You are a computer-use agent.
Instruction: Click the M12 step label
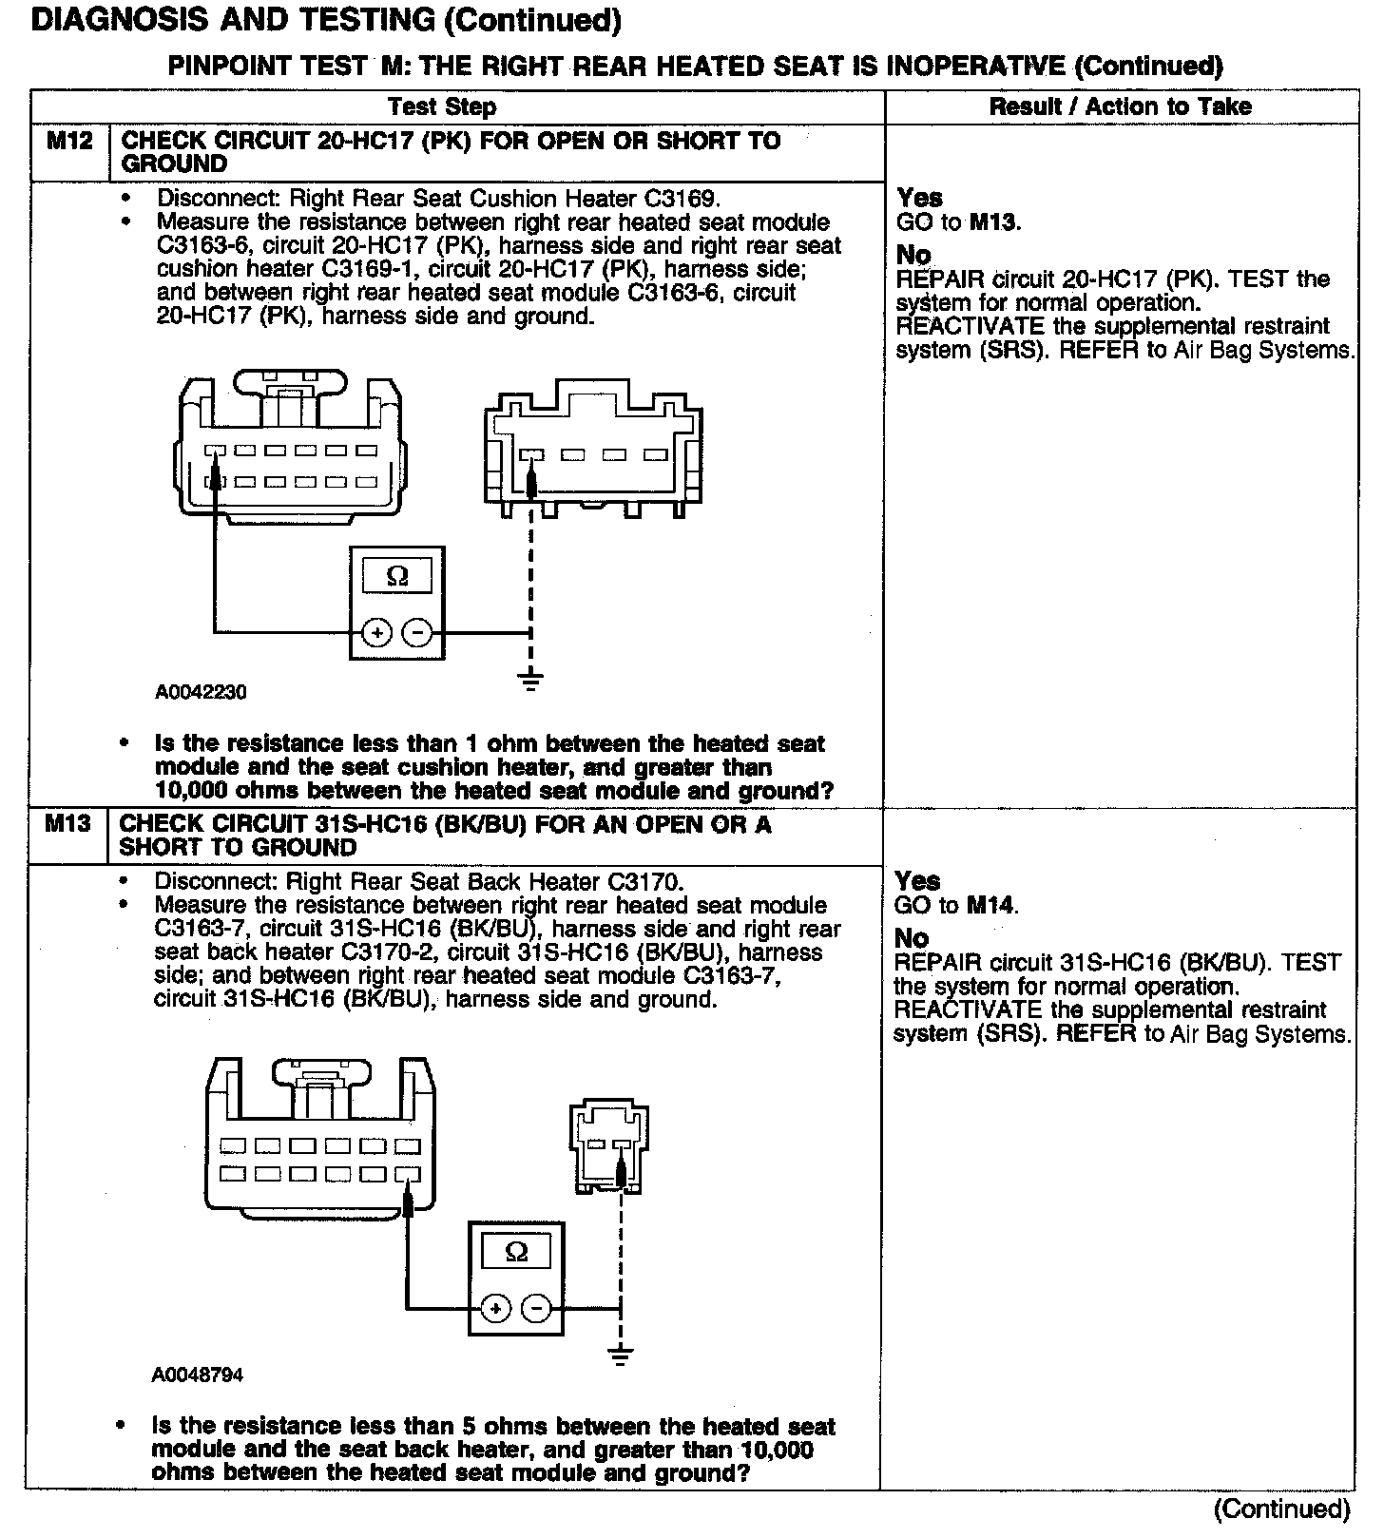(x=70, y=142)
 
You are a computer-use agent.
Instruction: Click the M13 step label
(x=68, y=824)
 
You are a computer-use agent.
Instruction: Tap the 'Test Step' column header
(x=442, y=106)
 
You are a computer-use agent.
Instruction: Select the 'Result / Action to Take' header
(x=1120, y=106)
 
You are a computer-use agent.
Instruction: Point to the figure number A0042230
(x=201, y=692)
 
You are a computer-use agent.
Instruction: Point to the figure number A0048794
(x=197, y=1375)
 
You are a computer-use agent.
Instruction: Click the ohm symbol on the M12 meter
(x=397, y=576)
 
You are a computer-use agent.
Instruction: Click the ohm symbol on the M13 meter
(x=516, y=1252)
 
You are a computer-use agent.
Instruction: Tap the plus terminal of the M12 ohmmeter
(x=377, y=633)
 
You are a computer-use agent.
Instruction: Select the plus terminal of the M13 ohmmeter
(x=495, y=1309)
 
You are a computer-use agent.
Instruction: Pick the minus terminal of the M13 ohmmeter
(x=537, y=1309)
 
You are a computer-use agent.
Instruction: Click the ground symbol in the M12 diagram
(x=530, y=679)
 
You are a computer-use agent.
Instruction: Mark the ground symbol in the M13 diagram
(x=620, y=1355)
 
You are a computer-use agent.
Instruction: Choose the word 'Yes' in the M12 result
(x=919, y=198)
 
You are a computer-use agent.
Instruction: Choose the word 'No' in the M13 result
(x=912, y=938)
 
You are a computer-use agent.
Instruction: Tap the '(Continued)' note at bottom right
(x=1281, y=1509)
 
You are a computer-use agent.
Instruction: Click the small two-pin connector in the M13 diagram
(x=608, y=1145)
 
